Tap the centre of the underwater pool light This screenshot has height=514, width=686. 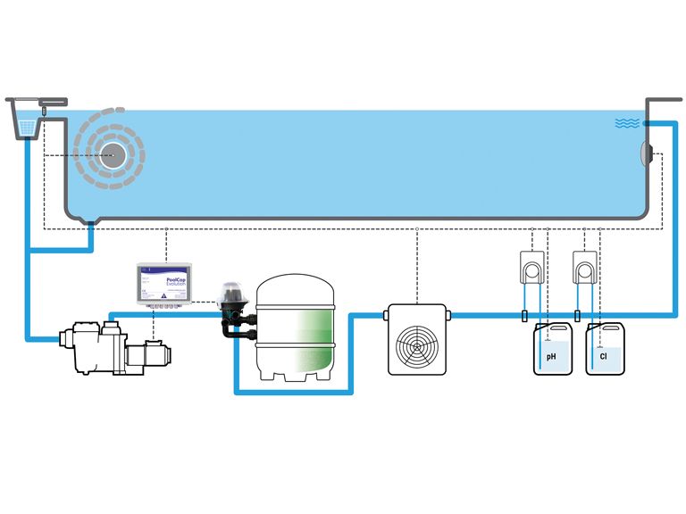tap(113, 153)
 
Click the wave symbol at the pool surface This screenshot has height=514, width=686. tap(627, 123)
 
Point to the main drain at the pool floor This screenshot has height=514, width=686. tap(90, 224)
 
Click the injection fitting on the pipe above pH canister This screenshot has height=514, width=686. tap(524, 314)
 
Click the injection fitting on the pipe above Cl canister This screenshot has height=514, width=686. tap(577, 314)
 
